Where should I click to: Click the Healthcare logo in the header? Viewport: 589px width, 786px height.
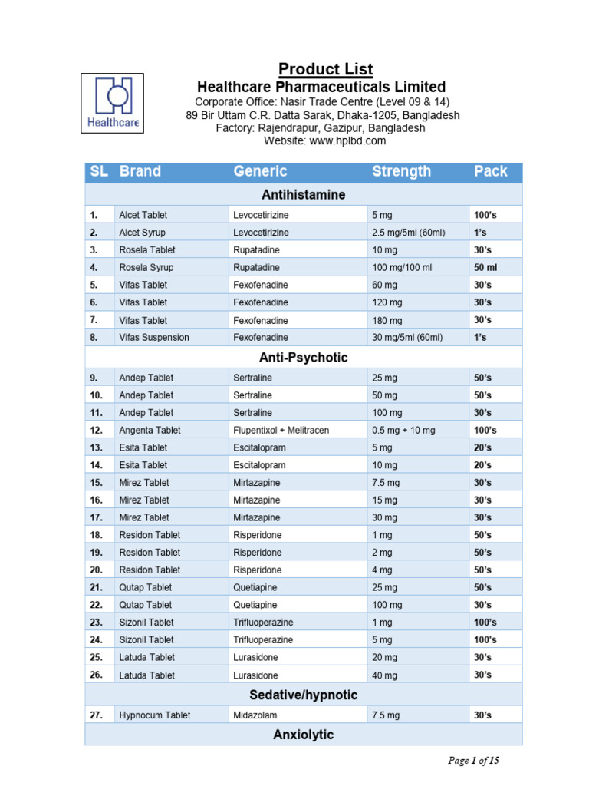click(112, 103)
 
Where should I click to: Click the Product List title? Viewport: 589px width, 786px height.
click(325, 69)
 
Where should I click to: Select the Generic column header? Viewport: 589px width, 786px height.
click(260, 171)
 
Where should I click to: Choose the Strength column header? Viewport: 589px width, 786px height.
click(401, 171)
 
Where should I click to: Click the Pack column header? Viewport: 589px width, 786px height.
click(490, 171)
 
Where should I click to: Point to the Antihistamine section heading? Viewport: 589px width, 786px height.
click(303, 195)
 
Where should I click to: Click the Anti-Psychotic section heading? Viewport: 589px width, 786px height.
click(303, 358)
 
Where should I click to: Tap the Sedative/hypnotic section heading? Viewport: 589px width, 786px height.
click(303, 695)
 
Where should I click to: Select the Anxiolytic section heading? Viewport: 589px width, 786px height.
click(303, 735)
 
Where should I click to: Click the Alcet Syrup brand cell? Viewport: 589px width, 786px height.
click(142, 233)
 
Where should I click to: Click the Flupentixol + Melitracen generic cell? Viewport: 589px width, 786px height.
click(281, 431)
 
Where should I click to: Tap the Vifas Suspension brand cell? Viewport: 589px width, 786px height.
click(153, 337)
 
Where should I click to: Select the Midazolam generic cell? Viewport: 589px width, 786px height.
click(255, 715)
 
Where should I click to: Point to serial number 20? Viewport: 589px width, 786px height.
click(97, 570)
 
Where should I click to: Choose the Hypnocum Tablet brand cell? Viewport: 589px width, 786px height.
click(155, 715)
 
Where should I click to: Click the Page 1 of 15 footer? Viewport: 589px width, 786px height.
click(474, 761)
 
